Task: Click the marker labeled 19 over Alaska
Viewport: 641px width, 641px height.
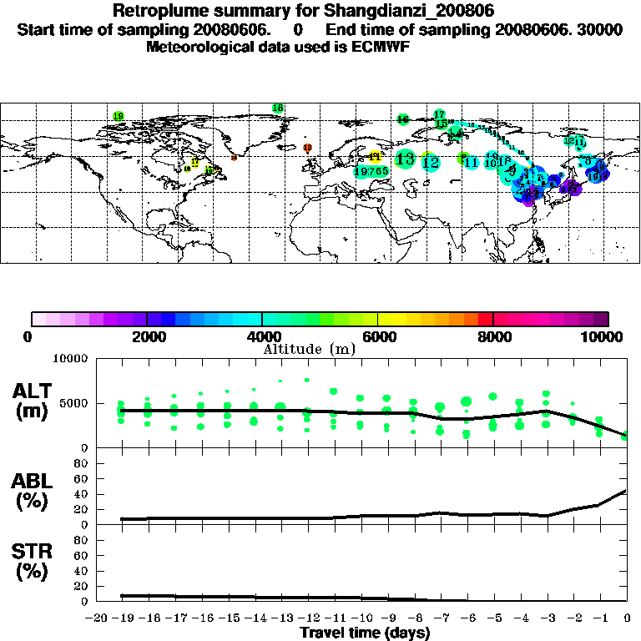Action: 119,116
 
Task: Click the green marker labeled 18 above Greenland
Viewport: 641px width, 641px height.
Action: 278,108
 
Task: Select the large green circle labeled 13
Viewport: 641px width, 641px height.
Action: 406,159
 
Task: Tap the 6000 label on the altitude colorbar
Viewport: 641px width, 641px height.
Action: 377,336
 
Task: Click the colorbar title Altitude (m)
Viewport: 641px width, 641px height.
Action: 309,349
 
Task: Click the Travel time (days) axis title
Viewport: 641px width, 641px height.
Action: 365,633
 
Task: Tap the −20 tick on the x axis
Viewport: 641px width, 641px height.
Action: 98,618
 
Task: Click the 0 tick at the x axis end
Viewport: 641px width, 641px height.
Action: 627,618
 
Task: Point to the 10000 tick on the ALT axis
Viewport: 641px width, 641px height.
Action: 73,360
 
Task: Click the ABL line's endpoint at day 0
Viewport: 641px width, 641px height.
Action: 626,491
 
